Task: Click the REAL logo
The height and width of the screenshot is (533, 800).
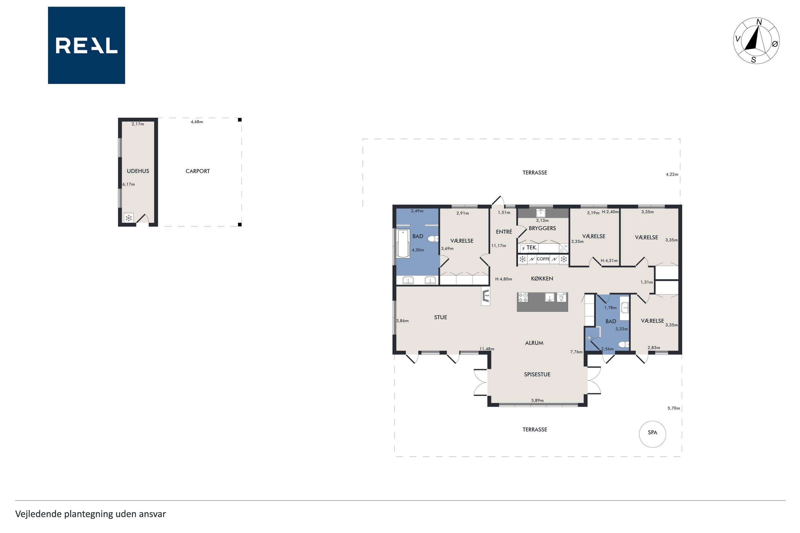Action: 86,45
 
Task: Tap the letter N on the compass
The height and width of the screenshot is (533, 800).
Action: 759,22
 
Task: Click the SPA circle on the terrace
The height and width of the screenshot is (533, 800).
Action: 652,434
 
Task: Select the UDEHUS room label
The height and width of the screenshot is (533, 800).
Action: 138,171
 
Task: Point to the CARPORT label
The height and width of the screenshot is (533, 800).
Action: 198,171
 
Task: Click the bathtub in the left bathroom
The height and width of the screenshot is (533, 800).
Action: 403,243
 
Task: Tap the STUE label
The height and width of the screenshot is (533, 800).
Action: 440,317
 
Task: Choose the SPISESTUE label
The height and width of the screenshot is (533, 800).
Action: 537,374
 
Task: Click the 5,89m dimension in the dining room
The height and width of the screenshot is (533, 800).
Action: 537,400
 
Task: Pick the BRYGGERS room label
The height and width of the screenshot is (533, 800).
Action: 542,228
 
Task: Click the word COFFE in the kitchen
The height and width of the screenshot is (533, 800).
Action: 543,259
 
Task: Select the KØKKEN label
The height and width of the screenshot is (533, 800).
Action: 542,278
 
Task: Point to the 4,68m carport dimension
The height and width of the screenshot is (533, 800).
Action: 197,122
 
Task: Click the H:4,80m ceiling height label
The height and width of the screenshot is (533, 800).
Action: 503,279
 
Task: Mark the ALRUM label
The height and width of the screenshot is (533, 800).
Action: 534,343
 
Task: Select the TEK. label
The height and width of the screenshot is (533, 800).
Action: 532,248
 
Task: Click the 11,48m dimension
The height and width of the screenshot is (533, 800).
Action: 486,349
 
